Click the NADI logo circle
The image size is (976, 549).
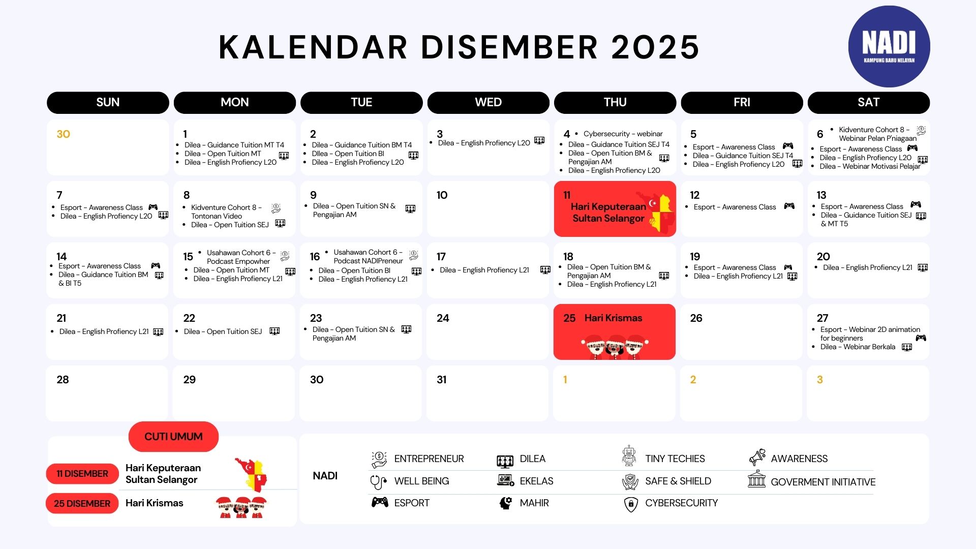889,47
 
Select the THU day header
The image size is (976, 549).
615,102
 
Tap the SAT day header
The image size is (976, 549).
869,102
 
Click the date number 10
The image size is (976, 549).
442,195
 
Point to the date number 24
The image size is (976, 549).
443,318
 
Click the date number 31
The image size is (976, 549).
442,380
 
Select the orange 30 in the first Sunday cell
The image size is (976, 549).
63,134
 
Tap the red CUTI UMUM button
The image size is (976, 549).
173,437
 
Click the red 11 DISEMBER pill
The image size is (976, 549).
82,474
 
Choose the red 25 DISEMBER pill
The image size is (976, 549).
82,504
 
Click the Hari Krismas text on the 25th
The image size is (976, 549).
613,318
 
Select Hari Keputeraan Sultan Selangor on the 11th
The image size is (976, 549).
608,212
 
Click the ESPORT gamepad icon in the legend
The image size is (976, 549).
380,503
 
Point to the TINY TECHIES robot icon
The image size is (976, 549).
629,456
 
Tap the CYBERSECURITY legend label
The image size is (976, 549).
682,503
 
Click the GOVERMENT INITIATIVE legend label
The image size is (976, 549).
823,482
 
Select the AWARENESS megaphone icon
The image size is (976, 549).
757,457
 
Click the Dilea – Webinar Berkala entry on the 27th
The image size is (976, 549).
858,347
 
